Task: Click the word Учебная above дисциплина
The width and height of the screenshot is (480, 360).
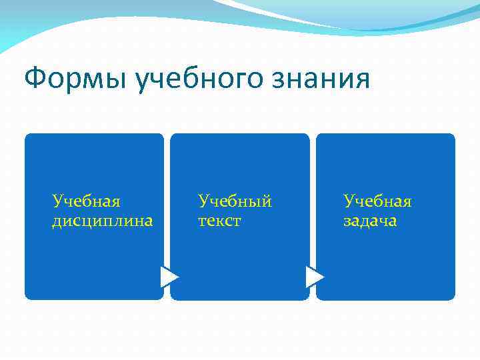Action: point(86,201)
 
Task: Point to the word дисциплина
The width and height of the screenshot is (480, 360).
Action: point(103,221)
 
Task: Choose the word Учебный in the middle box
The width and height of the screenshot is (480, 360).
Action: point(235,201)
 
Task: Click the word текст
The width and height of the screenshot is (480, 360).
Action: point(219,221)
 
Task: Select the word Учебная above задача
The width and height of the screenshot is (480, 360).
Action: point(377,201)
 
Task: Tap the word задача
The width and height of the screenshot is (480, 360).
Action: point(370,221)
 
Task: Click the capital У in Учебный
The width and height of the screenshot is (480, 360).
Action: point(203,201)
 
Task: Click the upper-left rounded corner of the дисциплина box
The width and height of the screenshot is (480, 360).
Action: point(29,137)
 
